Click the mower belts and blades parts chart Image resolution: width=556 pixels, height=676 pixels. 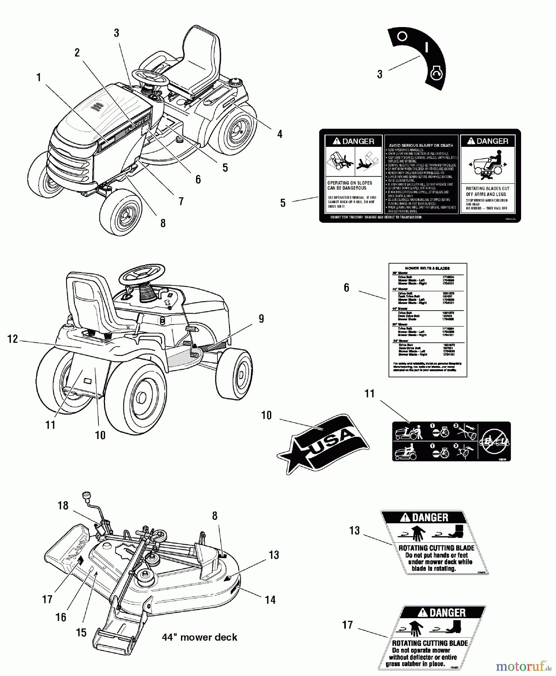pyautogui.click(x=428, y=320)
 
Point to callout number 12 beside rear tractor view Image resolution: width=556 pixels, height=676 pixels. pyautogui.click(x=13, y=339)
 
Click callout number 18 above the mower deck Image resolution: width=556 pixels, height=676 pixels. pyautogui.click(x=63, y=505)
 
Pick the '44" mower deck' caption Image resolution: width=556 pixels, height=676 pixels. pyautogui.click(x=200, y=637)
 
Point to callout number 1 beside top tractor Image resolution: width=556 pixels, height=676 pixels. pyautogui.click(x=38, y=77)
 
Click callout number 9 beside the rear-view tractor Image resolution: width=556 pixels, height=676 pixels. pyautogui.click(x=261, y=318)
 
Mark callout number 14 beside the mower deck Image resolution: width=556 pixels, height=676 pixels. pyautogui.click(x=270, y=600)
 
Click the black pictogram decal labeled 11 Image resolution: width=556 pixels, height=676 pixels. pyautogui.click(x=451, y=441)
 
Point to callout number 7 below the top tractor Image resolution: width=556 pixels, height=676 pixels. pyautogui.click(x=181, y=202)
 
